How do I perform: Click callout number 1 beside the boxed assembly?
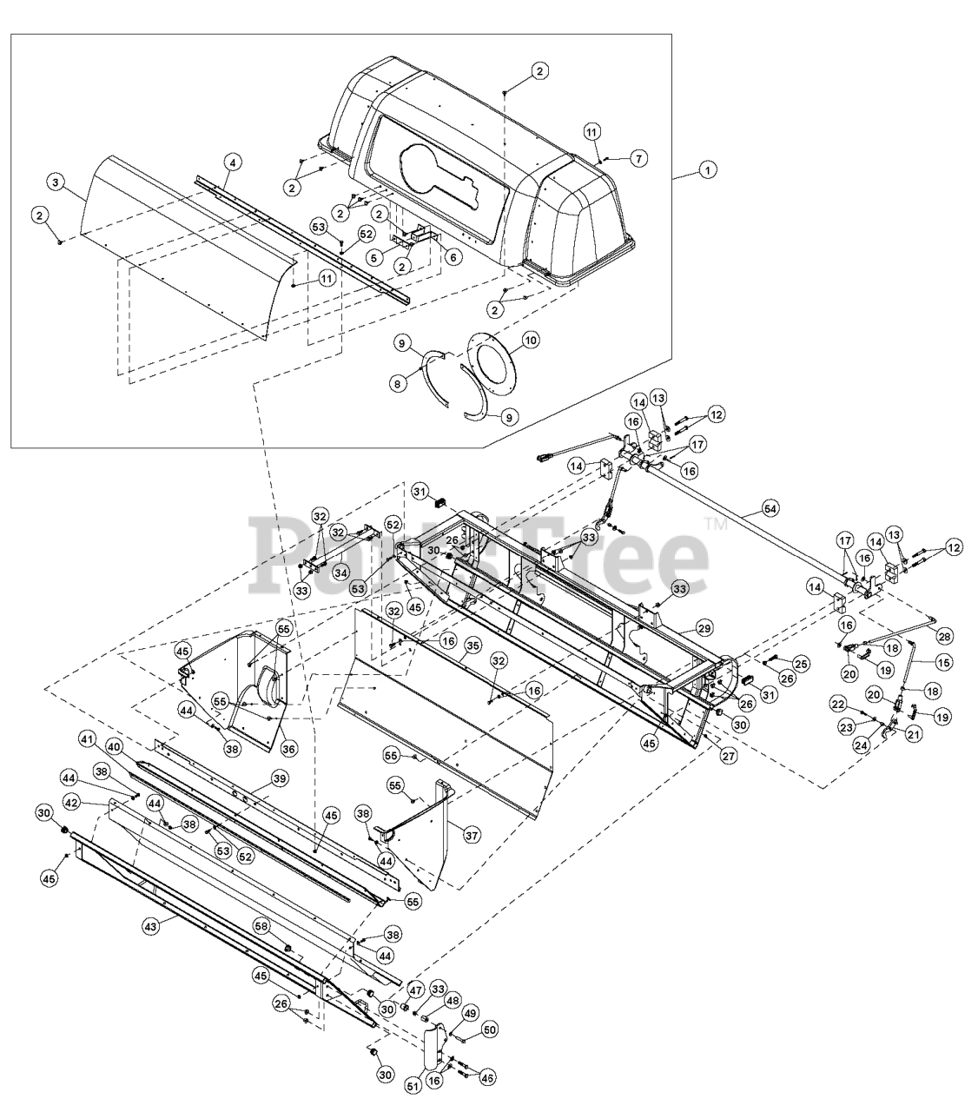point(709,171)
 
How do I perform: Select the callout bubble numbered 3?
point(55,182)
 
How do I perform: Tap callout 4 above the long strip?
point(231,161)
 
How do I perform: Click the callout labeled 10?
point(530,334)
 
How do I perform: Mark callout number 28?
point(943,635)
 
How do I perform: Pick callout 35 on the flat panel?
point(472,645)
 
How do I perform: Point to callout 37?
point(470,836)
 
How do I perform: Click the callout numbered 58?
point(261,925)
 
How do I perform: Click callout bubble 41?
point(86,738)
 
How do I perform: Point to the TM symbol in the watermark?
point(716,524)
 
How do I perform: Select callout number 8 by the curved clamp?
point(395,383)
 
